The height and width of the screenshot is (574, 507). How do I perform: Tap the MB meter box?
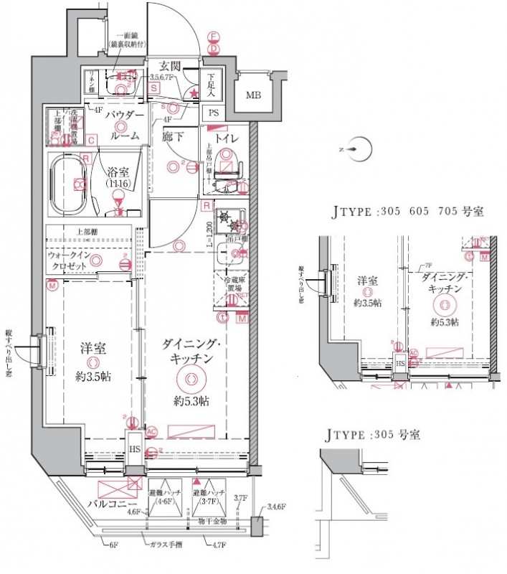coord(254,95)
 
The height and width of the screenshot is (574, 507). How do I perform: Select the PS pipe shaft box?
coord(214,113)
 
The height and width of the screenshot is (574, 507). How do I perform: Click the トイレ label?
coord(229,137)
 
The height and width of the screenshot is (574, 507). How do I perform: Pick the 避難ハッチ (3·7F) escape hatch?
coord(209,493)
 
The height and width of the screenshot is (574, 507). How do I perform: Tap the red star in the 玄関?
coord(193,93)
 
